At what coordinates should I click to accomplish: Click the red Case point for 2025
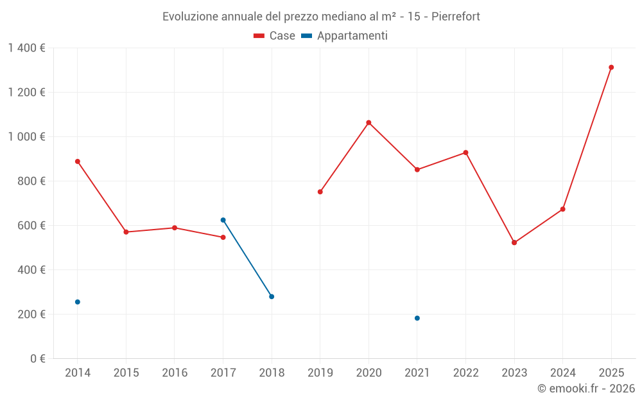(611, 68)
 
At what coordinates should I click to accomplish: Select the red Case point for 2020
(369, 122)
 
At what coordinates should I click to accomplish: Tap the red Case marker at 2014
(78, 161)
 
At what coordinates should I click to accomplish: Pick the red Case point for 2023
(514, 242)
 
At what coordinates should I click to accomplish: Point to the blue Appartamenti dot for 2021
(417, 318)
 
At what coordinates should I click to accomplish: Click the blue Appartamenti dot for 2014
(78, 302)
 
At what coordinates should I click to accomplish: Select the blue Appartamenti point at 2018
(272, 297)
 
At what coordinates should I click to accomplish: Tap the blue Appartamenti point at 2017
(223, 220)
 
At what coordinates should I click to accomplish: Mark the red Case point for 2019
(320, 192)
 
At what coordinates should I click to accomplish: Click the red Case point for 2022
(466, 152)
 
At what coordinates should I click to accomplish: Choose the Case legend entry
(275, 36)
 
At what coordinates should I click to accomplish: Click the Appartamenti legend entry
(345, 36)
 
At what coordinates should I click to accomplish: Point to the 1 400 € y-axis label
(26, 48)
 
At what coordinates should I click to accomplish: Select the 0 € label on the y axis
(38, 359)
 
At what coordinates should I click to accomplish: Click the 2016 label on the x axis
(175, 373)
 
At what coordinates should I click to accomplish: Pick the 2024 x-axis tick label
(563, 373)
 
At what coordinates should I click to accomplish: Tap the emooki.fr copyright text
(586, 388)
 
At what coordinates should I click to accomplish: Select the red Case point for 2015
(126, 232)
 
